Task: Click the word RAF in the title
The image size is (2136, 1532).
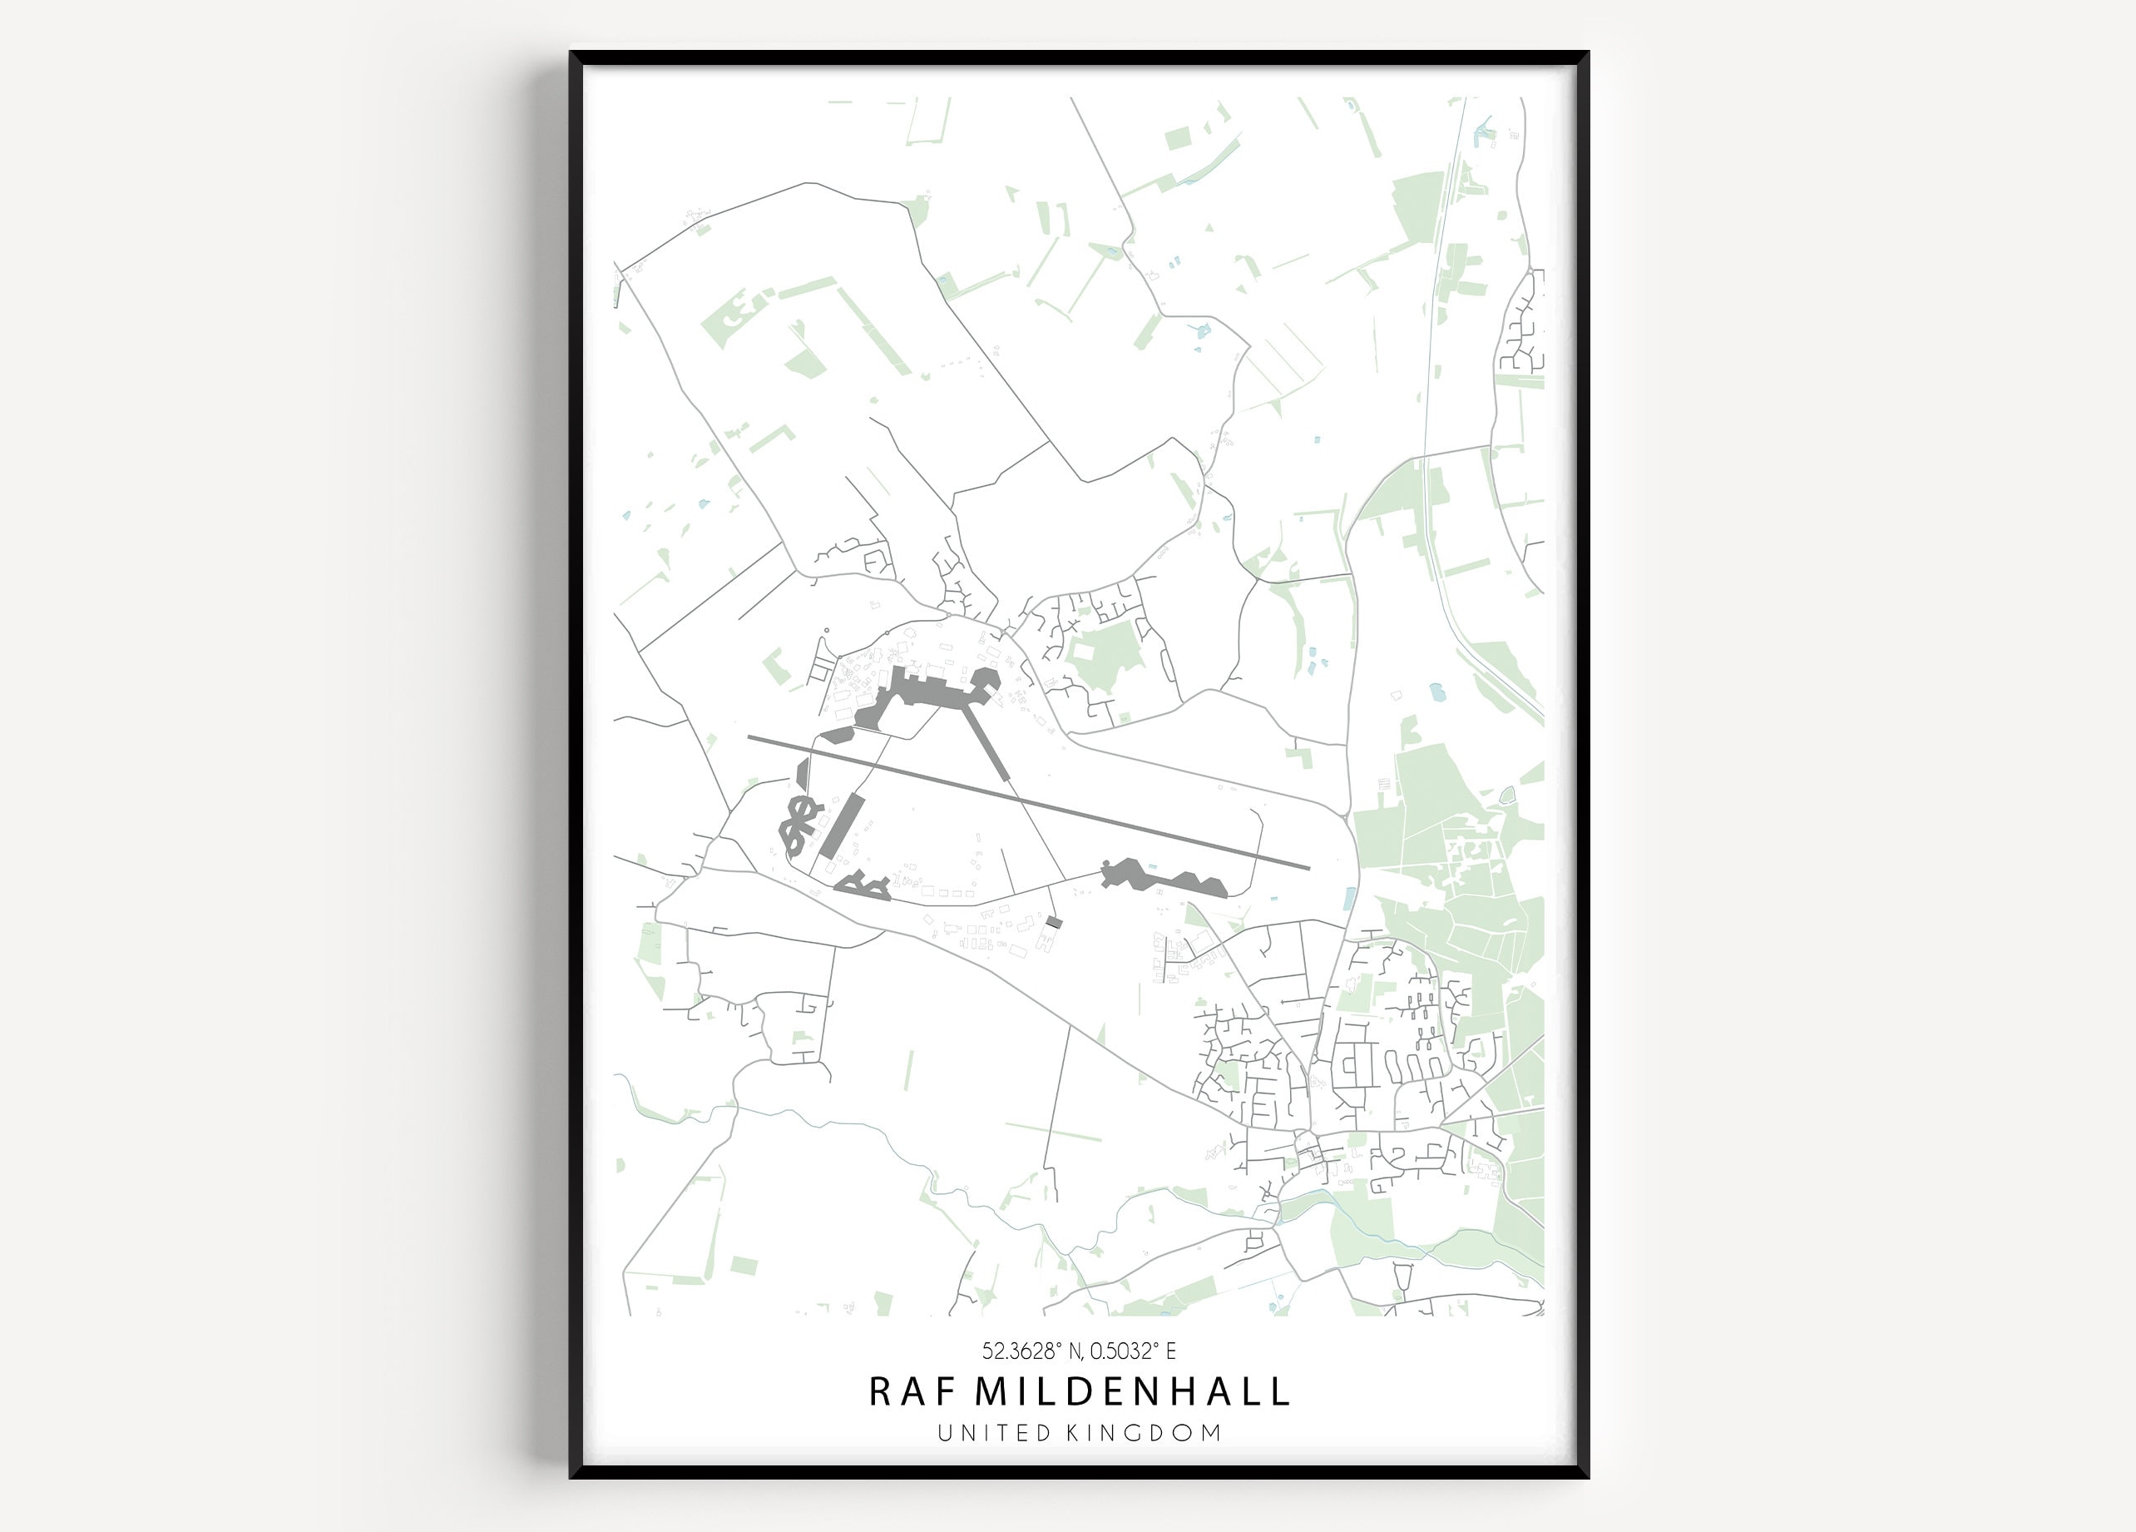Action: [905, 1391]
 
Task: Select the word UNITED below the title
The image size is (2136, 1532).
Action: [994, 1433]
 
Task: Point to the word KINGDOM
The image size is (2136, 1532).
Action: [1144, 1433]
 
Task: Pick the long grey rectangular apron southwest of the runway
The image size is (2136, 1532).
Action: [841, 825]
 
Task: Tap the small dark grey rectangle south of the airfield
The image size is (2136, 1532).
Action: [1053, 921]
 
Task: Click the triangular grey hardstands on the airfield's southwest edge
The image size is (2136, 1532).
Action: [863, 885]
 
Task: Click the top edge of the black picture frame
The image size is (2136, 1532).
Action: [1078, 57]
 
